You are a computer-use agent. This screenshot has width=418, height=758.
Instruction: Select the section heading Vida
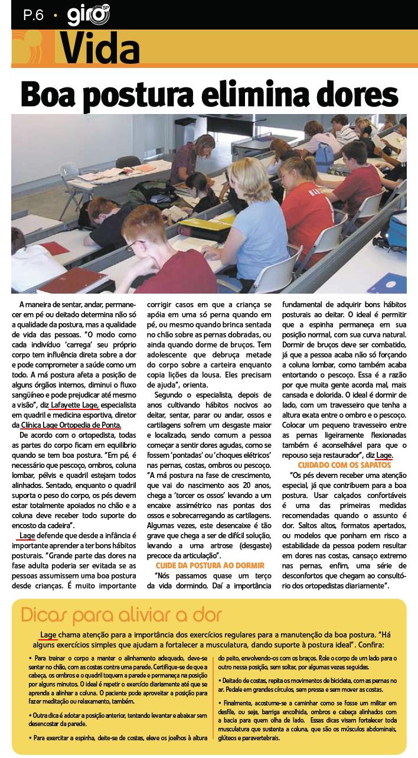click(100, 47)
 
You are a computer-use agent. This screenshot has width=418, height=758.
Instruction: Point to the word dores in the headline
click(364, 93)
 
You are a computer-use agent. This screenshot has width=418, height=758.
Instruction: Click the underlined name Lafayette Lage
click(74, 405)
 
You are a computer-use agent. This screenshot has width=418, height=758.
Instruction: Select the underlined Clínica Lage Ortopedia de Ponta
click(70, 424)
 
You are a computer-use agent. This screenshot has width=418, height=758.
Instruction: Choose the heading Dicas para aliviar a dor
click(121, 615)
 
